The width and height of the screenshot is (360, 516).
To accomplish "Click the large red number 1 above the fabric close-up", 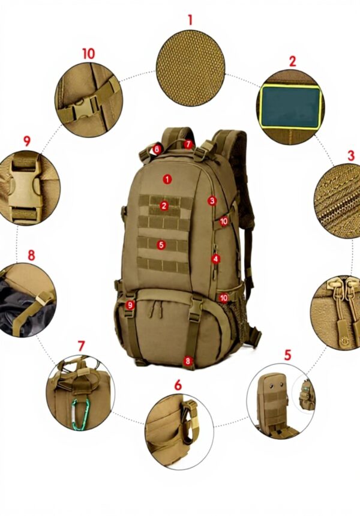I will tap(190, 19).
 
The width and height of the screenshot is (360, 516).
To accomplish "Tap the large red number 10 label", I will tap(88, 53).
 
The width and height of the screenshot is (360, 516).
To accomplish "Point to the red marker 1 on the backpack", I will tap(167, 179).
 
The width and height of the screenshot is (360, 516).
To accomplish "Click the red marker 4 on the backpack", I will tap(215, 259).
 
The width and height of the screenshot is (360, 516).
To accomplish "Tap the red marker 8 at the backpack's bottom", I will tap(188, 361).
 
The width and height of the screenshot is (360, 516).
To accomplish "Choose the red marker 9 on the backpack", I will tap(130, 305).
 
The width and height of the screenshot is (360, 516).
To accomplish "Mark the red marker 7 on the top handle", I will tap(188, 144).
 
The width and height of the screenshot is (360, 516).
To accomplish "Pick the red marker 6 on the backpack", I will tap(157, 148).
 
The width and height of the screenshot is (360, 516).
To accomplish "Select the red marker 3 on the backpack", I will tap(212, 200).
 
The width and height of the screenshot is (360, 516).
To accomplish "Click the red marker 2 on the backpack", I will tap(164, 206).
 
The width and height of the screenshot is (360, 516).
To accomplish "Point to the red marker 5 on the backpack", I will tap(161, 244).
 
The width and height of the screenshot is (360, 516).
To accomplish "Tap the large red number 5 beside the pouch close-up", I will tap(287, 355).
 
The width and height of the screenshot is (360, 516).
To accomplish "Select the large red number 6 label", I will tap(178, 385).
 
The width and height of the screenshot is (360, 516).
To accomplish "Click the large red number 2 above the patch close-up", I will tap(292, 61).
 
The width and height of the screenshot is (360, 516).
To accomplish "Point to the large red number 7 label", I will tap(81, 346).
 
